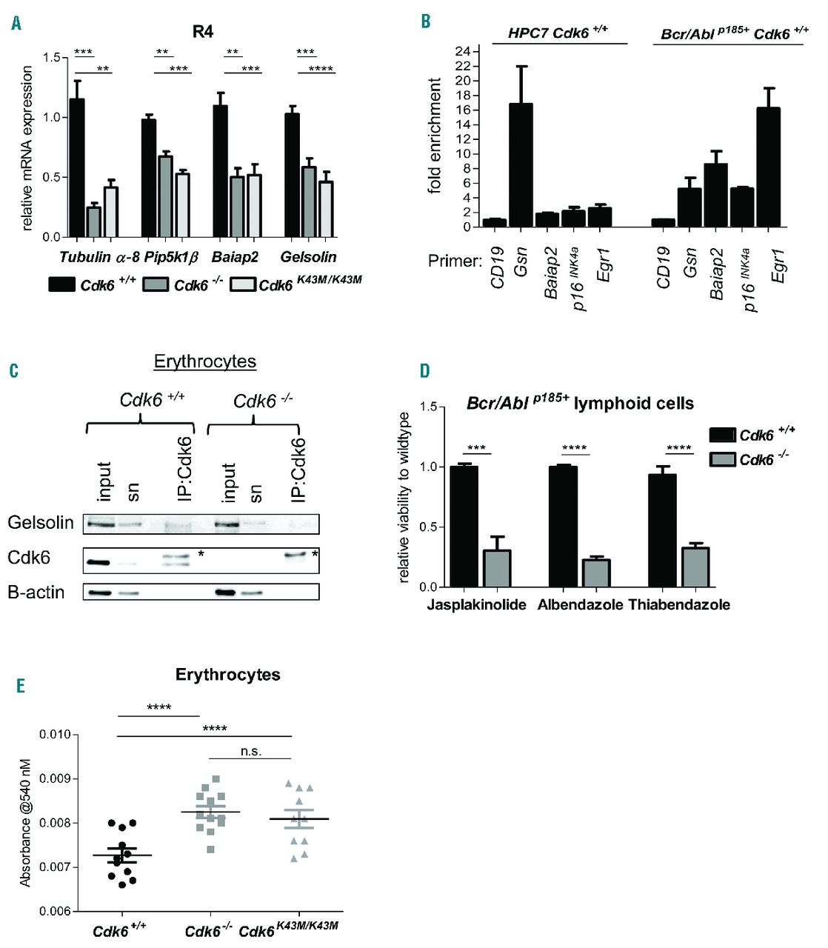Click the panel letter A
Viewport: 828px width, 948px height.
pos(16,24)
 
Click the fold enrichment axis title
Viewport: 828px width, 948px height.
pos(435,136)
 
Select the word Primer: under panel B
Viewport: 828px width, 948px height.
pos(455,261)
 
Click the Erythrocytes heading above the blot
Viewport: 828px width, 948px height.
pos(205,361)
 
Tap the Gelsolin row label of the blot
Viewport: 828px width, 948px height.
pos(41,523)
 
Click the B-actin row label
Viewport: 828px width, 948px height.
pos(36,592)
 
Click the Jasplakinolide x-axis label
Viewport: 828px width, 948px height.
pos(476,604)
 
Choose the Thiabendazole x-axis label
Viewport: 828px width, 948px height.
pos(679,604)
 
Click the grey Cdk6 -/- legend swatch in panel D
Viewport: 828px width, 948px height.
pos(722,460)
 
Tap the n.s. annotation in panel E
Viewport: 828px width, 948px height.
pos(251,751)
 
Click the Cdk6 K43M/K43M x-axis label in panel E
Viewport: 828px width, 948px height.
pos(289,929)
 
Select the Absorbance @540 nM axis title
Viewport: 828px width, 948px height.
pos(26,822)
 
